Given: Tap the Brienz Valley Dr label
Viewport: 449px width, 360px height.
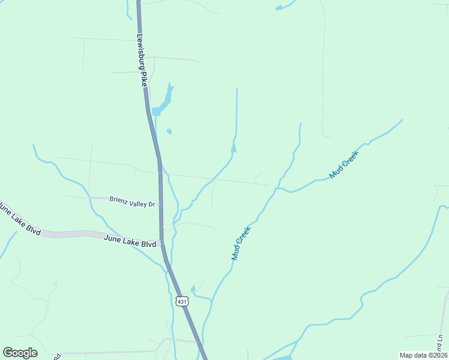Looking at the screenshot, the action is [132, 202].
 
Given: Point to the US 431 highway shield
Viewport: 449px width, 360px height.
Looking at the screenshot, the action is [182, 301].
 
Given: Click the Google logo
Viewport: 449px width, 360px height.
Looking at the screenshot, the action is [20, 353].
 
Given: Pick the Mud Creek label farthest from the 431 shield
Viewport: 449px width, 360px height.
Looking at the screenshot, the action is [344, 165].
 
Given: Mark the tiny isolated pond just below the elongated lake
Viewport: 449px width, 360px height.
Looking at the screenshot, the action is [169, 131].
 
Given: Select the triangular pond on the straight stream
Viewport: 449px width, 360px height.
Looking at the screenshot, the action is [234, 148].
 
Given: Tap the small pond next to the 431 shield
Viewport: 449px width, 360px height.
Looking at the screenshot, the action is [193, 289].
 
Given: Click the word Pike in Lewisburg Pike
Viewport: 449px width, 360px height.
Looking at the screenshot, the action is [144, 80].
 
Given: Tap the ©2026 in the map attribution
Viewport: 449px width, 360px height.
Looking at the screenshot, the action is [435, 355].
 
